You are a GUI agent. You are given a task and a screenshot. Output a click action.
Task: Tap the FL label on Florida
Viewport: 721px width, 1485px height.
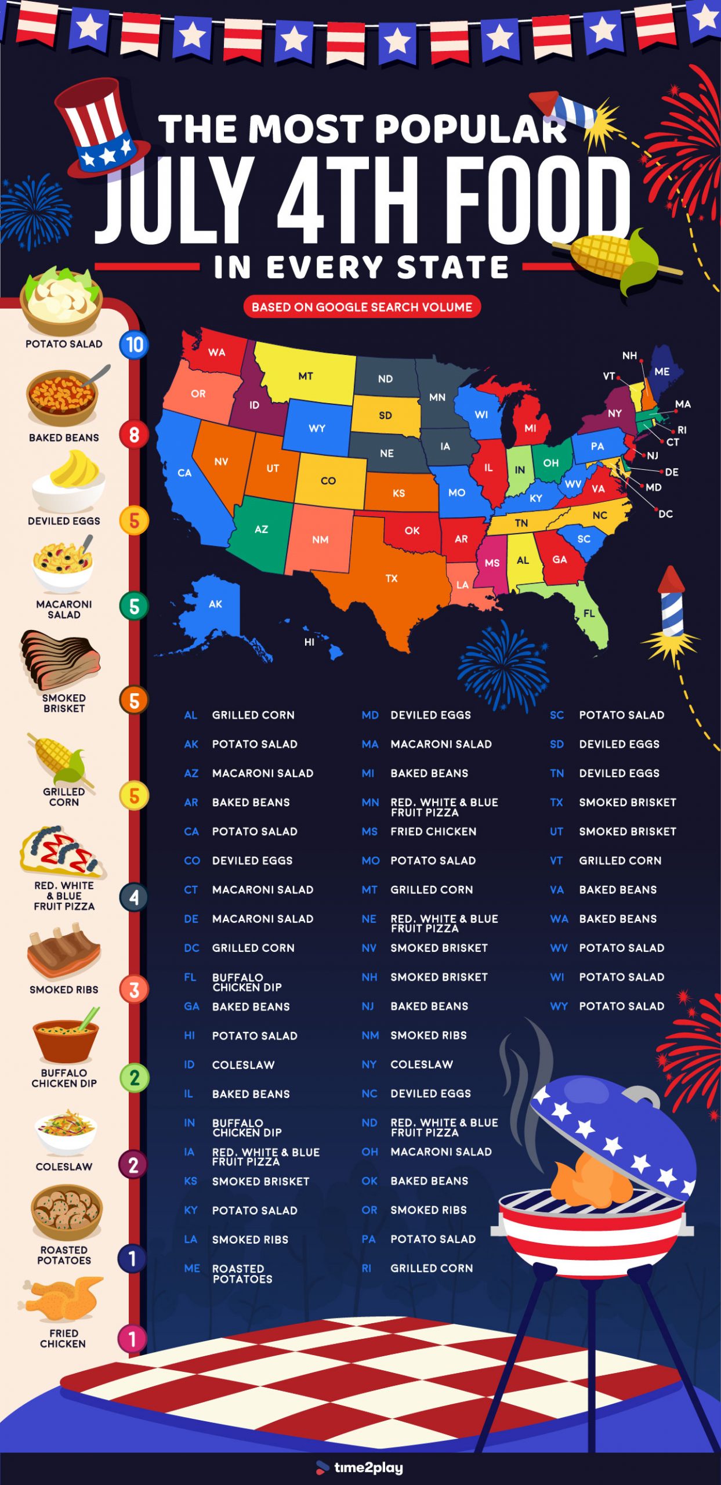pos(589,613)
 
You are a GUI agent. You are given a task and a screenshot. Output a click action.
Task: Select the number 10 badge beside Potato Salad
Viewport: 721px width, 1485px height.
pos(134,345)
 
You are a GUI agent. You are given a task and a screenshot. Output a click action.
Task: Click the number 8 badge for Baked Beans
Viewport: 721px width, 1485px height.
pos(134,434)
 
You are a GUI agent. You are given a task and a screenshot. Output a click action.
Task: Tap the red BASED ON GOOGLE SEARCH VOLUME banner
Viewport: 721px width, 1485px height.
pos(362,307)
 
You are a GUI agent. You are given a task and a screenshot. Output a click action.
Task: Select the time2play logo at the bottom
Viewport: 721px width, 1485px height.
pos(360,1468)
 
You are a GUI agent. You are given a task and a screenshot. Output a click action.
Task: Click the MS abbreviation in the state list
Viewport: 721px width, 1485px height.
pos(369,832)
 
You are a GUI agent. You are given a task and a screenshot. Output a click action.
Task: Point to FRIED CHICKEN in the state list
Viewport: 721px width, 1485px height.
pos(433,832)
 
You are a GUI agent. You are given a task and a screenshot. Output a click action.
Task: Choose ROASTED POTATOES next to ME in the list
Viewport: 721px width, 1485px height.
pos(241,1274)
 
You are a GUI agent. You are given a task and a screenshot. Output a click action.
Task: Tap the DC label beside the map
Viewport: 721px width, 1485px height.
pos(665,514)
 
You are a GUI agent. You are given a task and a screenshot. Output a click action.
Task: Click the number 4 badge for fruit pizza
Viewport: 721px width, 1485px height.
pos(134,897)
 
